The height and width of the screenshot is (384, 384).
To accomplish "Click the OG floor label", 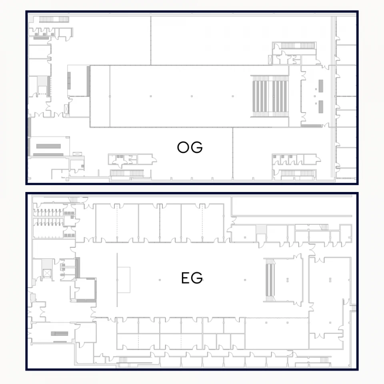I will [x=190, y=148].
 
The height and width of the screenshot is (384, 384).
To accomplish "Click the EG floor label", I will [x=192, y=278].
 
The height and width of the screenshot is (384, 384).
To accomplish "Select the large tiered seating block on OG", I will [x=270, y=96].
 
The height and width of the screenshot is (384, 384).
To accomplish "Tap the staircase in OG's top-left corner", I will [x=48, y=19].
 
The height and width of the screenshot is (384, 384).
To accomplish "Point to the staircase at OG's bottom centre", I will [x=126, y=173].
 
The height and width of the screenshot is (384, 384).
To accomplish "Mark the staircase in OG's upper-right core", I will [x=296, y=45].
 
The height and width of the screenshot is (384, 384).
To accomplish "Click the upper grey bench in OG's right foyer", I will [x=321, y=85].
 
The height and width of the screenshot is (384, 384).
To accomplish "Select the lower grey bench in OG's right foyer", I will [x=321, y=106].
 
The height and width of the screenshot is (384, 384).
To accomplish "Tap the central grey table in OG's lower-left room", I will [x=48, y=146].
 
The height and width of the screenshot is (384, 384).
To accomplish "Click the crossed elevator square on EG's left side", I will [x=47, y=273].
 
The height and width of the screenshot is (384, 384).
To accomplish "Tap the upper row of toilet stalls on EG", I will [x=48, y=212].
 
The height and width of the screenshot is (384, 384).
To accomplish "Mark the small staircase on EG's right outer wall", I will [x=353, y=308].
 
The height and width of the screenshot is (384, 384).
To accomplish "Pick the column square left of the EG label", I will [x=160, y=280].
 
